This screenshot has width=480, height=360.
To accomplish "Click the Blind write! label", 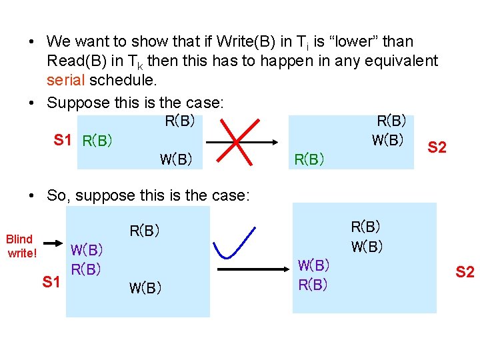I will point(19,246).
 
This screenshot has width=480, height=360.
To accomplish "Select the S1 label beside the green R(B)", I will point(63,140).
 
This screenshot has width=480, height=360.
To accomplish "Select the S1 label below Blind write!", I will point(52,283).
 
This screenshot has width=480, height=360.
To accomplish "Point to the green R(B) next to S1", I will point(97,141).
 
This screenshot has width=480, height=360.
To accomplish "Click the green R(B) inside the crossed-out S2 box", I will point(309,159).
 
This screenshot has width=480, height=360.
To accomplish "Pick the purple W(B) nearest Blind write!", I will point(87,251).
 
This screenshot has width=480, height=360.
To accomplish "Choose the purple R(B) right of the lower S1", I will point(86,269).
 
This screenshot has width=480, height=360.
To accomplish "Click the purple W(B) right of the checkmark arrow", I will point(313,265).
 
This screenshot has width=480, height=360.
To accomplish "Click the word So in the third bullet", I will point(56,195).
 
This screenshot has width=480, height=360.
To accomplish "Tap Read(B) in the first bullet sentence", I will point(77,61).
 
